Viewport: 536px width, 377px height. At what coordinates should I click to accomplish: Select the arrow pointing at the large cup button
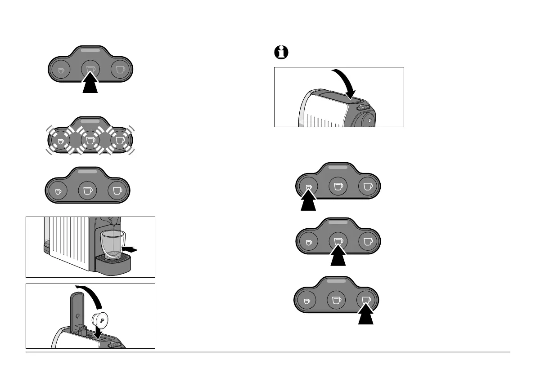[x=369, y=315]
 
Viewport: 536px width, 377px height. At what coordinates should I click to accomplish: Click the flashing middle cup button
[x=90, y=140]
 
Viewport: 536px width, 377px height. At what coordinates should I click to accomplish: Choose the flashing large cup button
[x=119, y=140]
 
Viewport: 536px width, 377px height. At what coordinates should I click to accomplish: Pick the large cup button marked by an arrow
[x=367, y=300]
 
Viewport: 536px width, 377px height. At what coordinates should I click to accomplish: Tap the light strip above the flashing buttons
[x=90, y=122]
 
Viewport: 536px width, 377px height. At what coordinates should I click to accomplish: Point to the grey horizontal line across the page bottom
[x=268, y=352]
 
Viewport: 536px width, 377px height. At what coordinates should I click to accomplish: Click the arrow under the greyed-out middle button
[x=90, y=84]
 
